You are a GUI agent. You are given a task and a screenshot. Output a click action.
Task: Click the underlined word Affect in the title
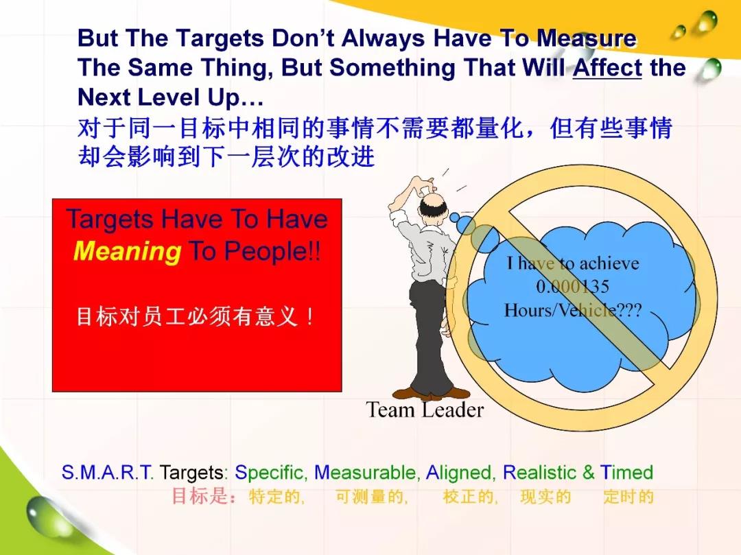click(607, 67)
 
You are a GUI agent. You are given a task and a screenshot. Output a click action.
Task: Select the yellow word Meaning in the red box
click(127, 251)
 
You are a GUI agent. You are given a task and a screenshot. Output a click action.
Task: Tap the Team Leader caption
click(425, 410)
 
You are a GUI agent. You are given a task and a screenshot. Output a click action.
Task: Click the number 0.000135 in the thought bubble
click(572, 286)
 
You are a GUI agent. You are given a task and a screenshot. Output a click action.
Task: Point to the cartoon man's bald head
click(432, 203)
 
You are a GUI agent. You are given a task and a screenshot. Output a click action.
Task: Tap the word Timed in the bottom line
click(626, 473)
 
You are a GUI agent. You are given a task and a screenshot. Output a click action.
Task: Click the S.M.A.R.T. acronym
click(107, 473)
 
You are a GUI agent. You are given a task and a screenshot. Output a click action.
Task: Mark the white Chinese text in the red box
click(195, 316)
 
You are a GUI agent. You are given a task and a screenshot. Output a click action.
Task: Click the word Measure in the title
click(587, 38)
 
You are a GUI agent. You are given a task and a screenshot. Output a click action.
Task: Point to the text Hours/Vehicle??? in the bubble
click(573, 310)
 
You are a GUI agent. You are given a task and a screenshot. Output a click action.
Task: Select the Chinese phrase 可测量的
click(371, 497)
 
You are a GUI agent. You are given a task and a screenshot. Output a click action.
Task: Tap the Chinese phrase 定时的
click(628, 497)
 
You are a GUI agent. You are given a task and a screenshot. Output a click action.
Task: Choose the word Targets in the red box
click(110, 220)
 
